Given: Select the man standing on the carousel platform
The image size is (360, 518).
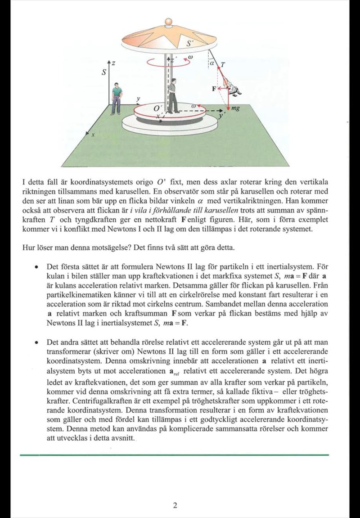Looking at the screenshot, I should click(173, 95).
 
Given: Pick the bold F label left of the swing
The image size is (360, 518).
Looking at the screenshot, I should click(215, 89).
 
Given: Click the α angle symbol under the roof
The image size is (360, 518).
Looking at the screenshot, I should click(211, 63).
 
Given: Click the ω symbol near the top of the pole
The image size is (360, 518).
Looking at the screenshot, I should click(190, 57).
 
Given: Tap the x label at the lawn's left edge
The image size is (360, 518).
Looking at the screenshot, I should click(94, 135).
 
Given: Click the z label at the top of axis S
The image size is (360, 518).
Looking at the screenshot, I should click(113, 64).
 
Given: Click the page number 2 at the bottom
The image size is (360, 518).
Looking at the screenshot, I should click(175, 505).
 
